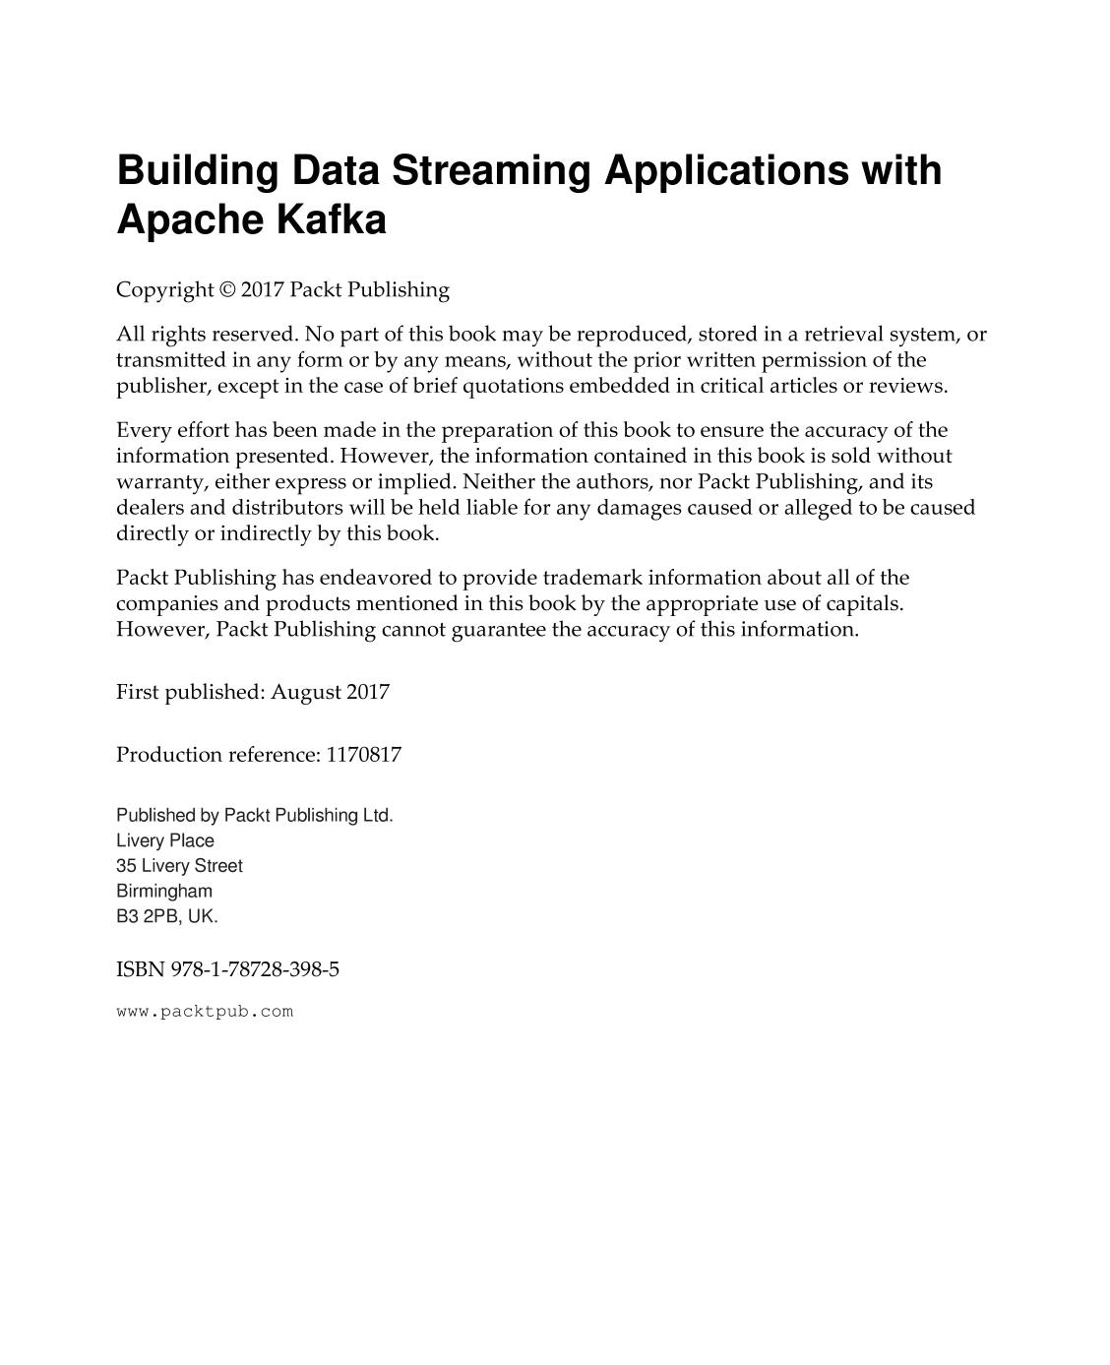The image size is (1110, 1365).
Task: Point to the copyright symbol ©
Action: point(227,290)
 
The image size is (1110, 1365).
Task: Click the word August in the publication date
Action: point(305,692)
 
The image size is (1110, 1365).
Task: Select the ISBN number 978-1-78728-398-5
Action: point(255,969)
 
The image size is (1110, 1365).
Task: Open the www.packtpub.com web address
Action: point(205,1012)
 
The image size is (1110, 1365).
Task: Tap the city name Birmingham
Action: point(164,891)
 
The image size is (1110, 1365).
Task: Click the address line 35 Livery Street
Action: point(179,866)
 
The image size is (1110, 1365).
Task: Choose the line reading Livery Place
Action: point(165,840)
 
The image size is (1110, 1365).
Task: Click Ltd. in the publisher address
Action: point(377,815)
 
